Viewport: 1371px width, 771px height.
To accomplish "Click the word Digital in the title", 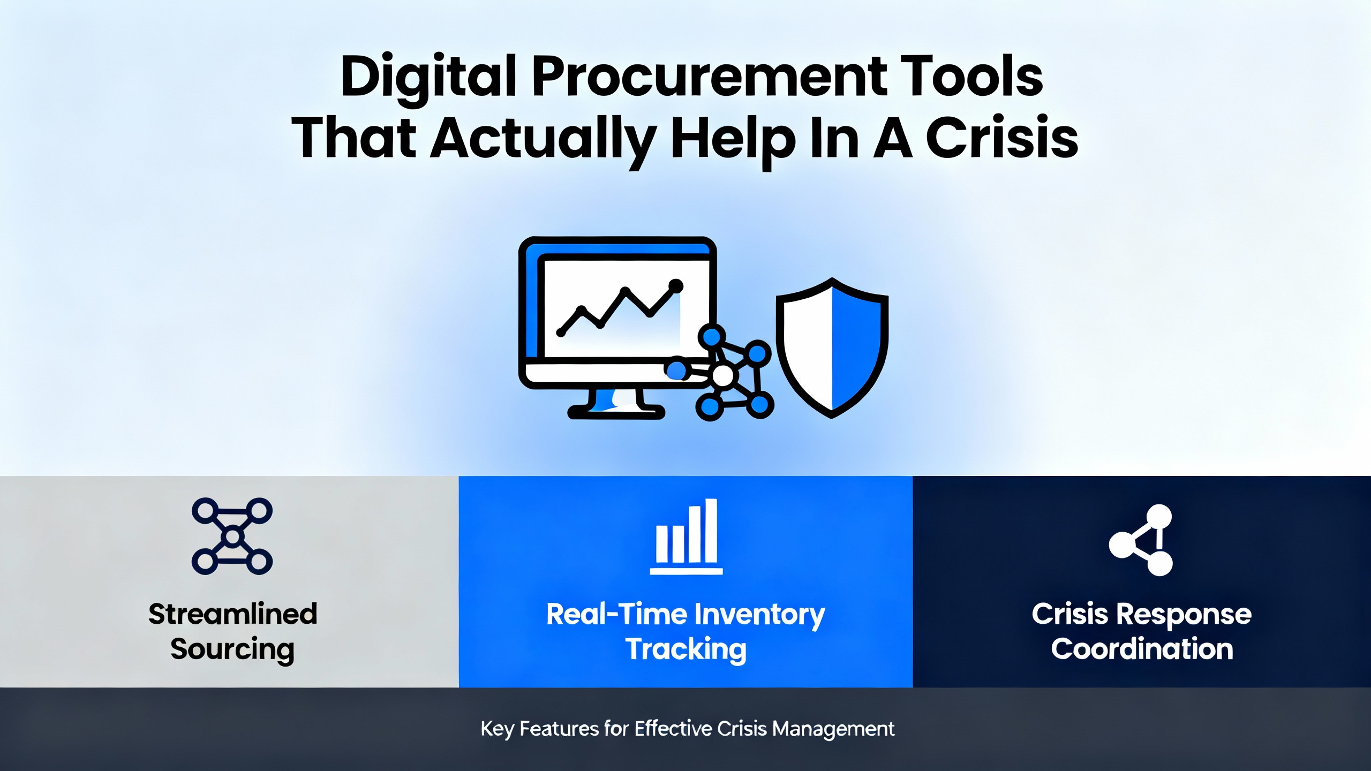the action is (x=428, y=78).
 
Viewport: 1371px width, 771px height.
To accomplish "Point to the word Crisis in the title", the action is (x=1002, y=138).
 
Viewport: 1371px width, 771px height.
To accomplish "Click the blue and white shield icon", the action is (x=832, y=347).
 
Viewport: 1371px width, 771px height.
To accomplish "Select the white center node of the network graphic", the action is (x=723, y=376).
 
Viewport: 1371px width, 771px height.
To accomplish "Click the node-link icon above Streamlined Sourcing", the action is (x=232, y=536).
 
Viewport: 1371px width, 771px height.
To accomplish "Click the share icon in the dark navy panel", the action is (x=1141, y=540).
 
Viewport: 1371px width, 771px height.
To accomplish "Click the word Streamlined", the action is (x=233, y=614).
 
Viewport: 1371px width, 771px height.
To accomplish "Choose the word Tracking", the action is (x=686, y=650).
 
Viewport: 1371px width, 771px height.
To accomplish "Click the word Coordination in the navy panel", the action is (x=1142, y=649).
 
